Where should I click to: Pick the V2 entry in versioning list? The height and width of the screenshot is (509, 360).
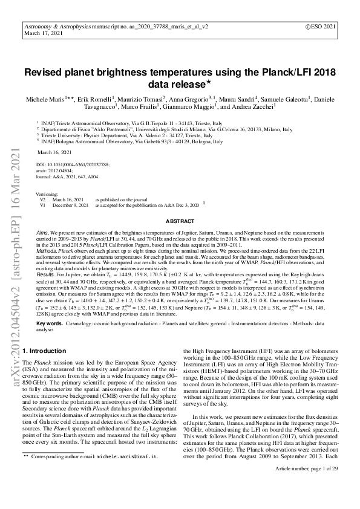coord(43,199)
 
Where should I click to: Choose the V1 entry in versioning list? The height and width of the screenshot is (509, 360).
coord(43,204)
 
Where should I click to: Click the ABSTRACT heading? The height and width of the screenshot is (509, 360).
coord(180,222)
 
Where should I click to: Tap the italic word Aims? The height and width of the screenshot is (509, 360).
coord(42,232)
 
